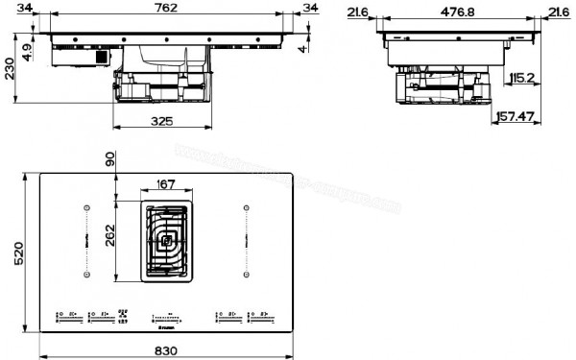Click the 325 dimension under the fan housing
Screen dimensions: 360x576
[x=161, y=121]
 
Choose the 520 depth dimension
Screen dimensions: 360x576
[x=11, y=255]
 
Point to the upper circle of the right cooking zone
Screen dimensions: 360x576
[x=247, y=207]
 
